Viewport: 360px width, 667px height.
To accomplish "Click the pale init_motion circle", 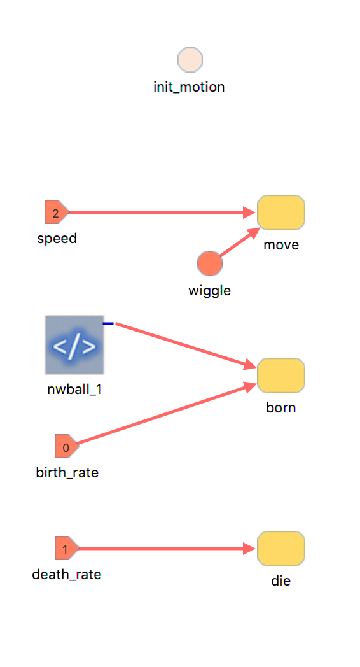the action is click(x=190, y=60).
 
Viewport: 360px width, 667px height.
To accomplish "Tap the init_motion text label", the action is click(x=189, y=87).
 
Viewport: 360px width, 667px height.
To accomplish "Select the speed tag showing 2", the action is click(x=57, y=212).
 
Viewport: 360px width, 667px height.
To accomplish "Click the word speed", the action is click(x=57, y=238).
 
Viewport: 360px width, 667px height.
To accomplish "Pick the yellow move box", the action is click(x=281, y=213).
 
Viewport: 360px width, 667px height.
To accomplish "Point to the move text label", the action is click(x=281, y=244).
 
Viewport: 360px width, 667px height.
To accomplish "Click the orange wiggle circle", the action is click(x=209, y=263).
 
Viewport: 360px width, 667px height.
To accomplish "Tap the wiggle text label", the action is click(x=209, y=290).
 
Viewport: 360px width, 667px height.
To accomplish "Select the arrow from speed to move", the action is click(x=162, y=212).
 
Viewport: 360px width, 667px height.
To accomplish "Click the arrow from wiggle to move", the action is click(x=239, y=242).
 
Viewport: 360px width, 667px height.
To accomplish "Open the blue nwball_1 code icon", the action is click(x=74, y=345).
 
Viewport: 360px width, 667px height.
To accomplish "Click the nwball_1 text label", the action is click(x=75, y=390).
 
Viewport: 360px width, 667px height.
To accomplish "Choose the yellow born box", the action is click(x=281, y=376).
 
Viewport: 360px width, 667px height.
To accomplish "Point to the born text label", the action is click(x=281, y=407).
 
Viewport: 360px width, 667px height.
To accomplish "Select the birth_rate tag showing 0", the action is click(x=67, y=446).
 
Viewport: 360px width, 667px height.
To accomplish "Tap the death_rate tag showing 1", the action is click(x=67, y=548).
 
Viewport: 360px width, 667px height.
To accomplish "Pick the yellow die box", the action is click(x=281, y=549).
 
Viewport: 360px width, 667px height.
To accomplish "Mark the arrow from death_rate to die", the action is click(x=167, y=549).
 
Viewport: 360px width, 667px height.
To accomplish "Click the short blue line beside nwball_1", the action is click(x=108, y=324).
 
